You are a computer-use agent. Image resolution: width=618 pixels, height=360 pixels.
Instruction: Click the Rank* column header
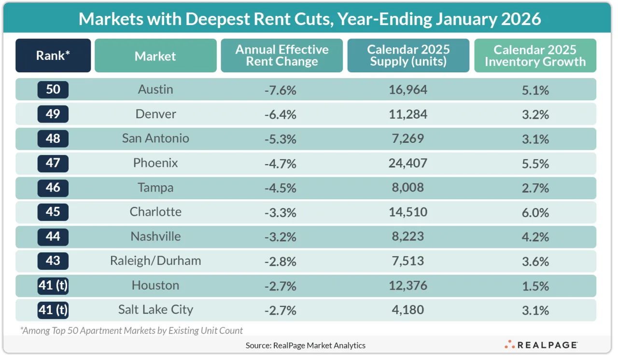(x=53, y=55)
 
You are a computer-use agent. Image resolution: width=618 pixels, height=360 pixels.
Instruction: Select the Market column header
(x=155, y=55)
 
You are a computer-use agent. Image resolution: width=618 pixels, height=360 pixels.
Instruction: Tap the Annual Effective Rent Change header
(x=281, y=55)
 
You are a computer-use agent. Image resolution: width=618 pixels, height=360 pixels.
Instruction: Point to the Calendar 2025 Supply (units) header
(x=408, y=55)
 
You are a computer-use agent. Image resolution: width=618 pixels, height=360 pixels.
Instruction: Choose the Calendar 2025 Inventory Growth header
(x=535, y=55)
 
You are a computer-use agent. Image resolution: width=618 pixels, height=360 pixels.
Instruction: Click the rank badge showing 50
(x=53, y=89)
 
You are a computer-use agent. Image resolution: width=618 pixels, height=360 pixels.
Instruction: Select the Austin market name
(x=155, y=89)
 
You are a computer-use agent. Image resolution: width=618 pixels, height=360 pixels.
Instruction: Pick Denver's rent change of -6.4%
(x=280, y=114)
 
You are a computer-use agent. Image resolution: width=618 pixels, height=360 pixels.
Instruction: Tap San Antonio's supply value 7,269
(x=408, y=138)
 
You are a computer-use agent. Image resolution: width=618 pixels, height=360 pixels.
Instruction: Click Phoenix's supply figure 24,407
(x=408, y=163)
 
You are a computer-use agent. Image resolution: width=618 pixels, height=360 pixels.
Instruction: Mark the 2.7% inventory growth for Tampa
(x=535, y=188)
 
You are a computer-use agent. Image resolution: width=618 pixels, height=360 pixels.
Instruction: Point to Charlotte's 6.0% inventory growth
(x=535, y=212)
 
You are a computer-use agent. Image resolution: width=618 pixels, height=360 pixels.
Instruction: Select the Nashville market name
(x=155, y=236)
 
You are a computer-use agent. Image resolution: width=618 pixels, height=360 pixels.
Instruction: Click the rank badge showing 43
(x=53, y=261)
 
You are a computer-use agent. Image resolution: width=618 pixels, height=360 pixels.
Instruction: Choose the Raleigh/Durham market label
(x=155, y=261)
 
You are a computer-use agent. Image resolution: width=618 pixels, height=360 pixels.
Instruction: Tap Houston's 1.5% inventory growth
(x=535, y=286)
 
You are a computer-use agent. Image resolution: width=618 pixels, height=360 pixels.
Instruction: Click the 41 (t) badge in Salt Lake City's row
(x=53, y=310)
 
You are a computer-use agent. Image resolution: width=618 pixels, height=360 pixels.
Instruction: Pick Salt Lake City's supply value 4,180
(x=408, y=310)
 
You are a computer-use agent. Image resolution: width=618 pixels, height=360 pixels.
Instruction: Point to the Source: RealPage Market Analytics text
(x=305, y=345)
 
